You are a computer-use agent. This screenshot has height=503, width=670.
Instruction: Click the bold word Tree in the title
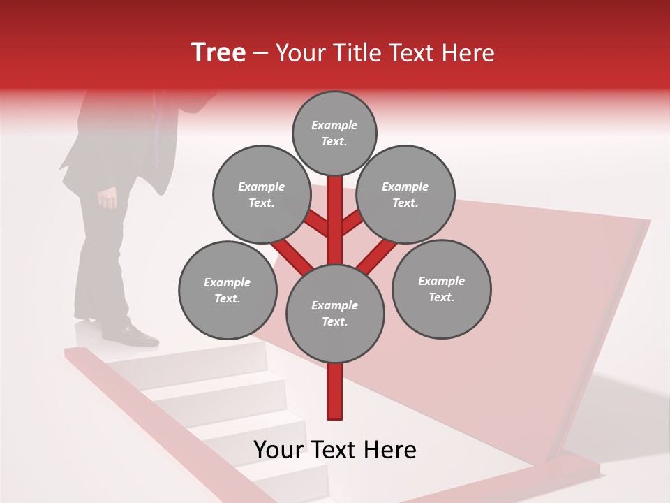pos(218,52)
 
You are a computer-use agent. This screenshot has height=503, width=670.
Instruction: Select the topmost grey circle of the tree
pos(334,133)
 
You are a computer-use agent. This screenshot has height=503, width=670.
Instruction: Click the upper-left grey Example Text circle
pos(262,195)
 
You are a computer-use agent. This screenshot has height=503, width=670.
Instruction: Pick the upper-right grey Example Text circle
pos(405,195)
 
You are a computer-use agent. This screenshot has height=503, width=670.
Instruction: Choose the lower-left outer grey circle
pos(228,291)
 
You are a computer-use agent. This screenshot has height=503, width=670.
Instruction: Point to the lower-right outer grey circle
pos(441,289)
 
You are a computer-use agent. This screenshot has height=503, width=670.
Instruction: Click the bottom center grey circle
pos(335,314)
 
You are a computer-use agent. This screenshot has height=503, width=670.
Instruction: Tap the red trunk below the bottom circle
pos(335,391)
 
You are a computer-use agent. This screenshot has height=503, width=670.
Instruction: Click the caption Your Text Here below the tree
pos(335,450)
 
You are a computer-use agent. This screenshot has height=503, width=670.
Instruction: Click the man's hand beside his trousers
pos(108,198)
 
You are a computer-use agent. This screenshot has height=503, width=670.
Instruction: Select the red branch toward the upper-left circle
pos(315,224)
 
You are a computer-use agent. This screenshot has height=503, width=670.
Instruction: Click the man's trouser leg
pos(105,258)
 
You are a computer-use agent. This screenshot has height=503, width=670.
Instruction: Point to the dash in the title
pos(261,54)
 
